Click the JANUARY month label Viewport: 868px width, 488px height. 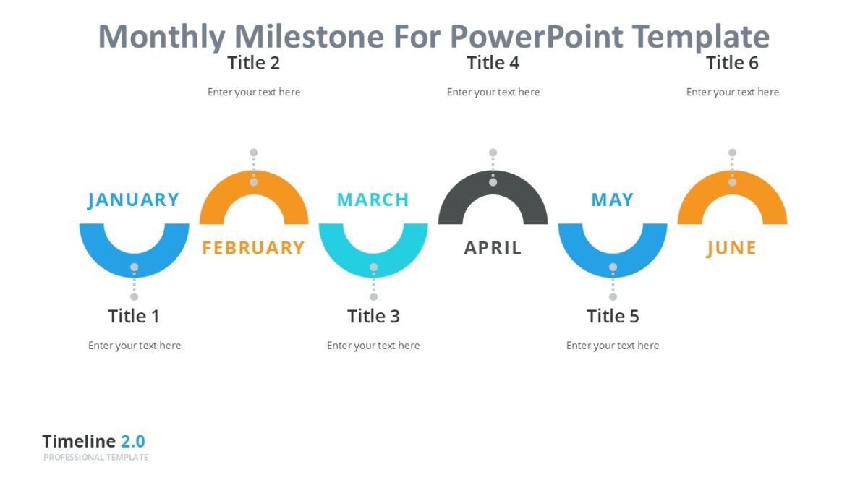point(133,200)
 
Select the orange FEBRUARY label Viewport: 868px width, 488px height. point(253,248)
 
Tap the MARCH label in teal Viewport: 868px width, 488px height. point(373,200)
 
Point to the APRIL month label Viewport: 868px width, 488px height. point(493,248)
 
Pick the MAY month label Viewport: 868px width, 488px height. point(612,200)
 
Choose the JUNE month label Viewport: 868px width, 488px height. point(731,248)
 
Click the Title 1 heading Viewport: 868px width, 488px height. point(134,316)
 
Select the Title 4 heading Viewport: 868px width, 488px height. point(493,63)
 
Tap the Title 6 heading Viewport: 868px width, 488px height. point(732,63)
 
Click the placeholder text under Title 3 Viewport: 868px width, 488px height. point(373,346)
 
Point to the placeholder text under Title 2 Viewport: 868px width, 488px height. point(254,92)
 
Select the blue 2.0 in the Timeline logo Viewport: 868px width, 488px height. point(132,441)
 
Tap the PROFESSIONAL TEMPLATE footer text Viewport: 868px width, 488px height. point(95,457)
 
